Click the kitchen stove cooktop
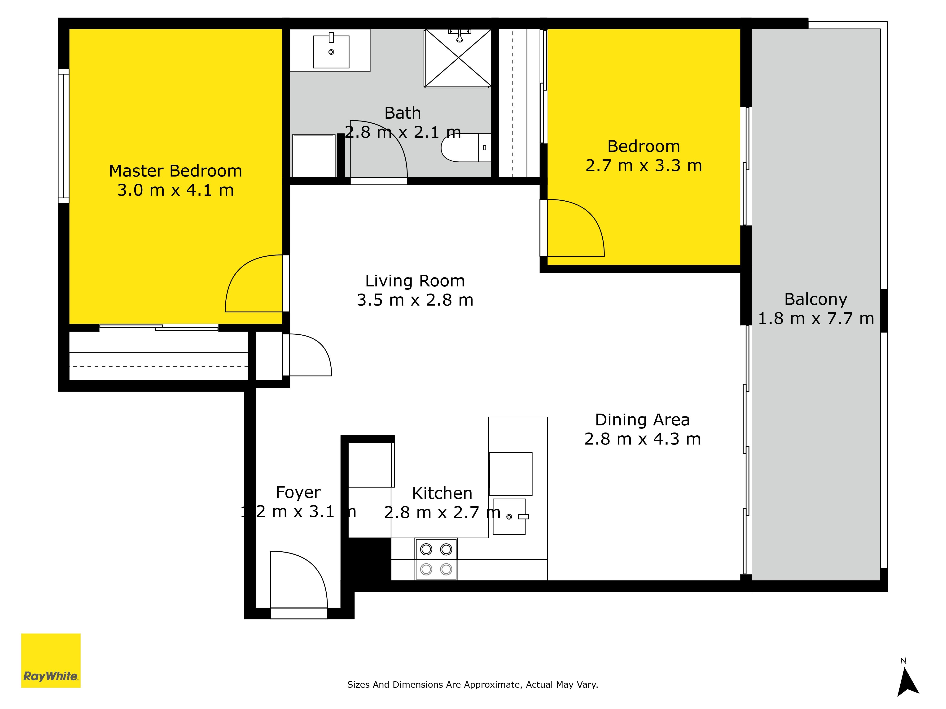point(436,559)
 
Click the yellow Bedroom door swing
point(576,228)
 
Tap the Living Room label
point(415,281)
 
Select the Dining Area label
point(642,420)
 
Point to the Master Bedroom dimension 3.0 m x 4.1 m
point(176,190)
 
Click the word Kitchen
point(442,493)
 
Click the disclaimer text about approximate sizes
point(473,685)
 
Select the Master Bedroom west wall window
point(64,136)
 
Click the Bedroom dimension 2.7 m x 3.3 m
point(644,166)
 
